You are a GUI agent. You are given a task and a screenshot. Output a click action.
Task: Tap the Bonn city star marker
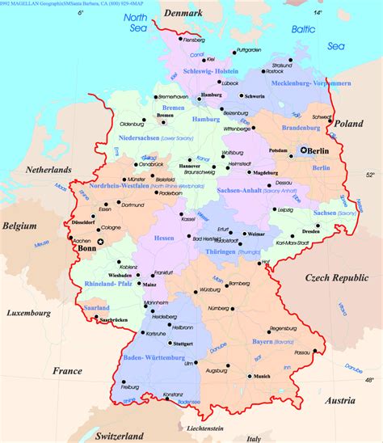pos(100,242)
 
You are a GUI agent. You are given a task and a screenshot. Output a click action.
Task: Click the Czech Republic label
pos(336,277)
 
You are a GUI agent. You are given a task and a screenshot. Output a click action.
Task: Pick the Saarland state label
pos(96,308)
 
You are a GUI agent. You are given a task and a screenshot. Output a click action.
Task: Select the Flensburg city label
pos(194,40)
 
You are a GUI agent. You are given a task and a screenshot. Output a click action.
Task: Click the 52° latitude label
pos(371,174)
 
